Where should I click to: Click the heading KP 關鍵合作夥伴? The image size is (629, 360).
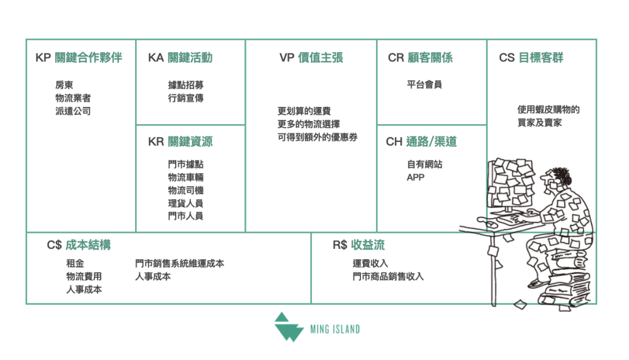[79, 58]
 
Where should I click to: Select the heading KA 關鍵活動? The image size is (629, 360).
[180, 58]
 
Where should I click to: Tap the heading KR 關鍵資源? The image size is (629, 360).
[180, 142]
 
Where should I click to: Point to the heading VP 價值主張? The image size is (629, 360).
[311, 58]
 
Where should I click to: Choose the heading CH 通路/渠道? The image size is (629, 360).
[421, 142]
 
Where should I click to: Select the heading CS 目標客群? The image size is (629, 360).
[531, 58]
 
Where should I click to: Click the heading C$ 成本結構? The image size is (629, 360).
[79, 245]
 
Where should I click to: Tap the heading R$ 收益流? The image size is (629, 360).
[359, 245]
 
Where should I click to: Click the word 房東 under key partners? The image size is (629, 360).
[64, 85]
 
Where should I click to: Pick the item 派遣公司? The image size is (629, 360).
[73, 112]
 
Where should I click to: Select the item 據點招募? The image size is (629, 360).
[186, 85]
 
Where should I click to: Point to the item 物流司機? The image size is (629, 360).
[186, 190]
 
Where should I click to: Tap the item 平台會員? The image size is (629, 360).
[424, 85]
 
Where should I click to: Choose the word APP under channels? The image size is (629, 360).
[415, 178]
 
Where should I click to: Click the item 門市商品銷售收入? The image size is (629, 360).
[388, 276]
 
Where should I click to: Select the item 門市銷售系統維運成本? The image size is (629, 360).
[179, 263]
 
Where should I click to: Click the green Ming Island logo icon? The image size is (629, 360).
[288, 326]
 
